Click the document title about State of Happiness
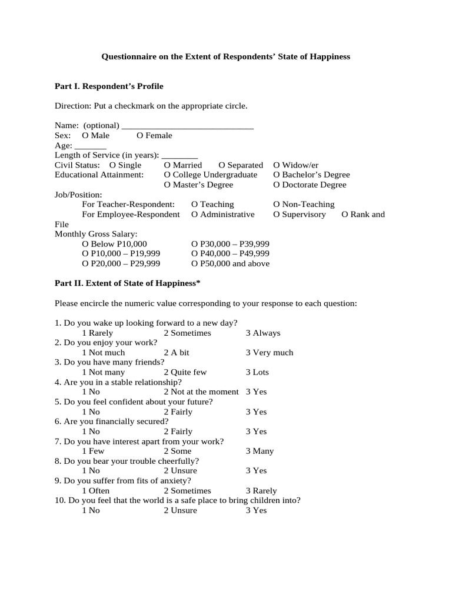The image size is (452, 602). click(226, 57)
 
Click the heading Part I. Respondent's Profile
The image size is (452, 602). click(109, 86)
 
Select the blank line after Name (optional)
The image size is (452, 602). click(187, 126)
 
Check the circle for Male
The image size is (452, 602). click(85, 136)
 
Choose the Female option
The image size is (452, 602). click(140, 136)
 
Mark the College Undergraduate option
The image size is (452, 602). click(168, 175)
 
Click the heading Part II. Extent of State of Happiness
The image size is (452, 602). click(128, 284)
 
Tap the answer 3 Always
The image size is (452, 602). click(262, 333)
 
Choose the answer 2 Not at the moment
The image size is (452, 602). click(201, 392)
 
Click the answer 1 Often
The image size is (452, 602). click(95, 491)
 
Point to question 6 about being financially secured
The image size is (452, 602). click(112, 422)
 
